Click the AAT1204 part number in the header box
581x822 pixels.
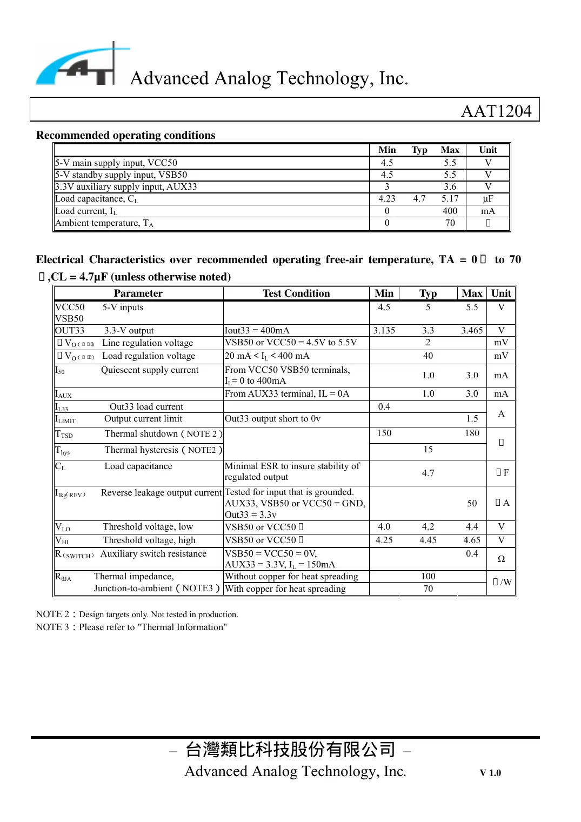496,111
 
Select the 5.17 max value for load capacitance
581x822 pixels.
450,199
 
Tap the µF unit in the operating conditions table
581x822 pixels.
487,199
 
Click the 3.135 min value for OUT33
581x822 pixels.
384,330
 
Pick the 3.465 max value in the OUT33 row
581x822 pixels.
471,330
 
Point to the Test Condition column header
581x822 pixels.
296,293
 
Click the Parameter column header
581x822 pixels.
138,293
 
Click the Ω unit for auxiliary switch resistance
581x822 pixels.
501,559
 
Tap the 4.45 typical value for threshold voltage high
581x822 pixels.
428,540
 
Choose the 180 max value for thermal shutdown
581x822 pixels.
471,433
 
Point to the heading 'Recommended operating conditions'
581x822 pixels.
125,135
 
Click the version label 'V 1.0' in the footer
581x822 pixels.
490,773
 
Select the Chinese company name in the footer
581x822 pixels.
290,750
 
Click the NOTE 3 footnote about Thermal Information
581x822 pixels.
131,627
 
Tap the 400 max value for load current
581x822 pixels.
450,211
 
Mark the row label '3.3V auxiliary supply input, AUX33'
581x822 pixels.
126,187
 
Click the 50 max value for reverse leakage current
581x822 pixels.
471,503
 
